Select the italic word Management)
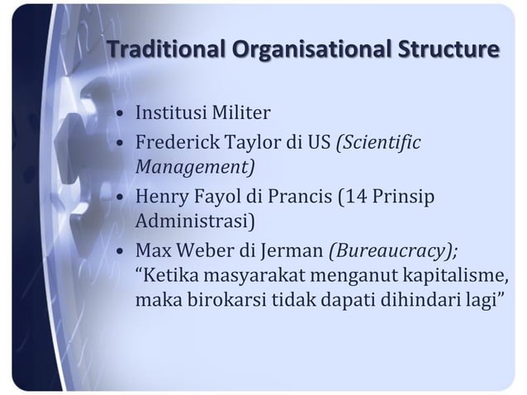195,167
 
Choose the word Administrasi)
196,221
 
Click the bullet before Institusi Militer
121,113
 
